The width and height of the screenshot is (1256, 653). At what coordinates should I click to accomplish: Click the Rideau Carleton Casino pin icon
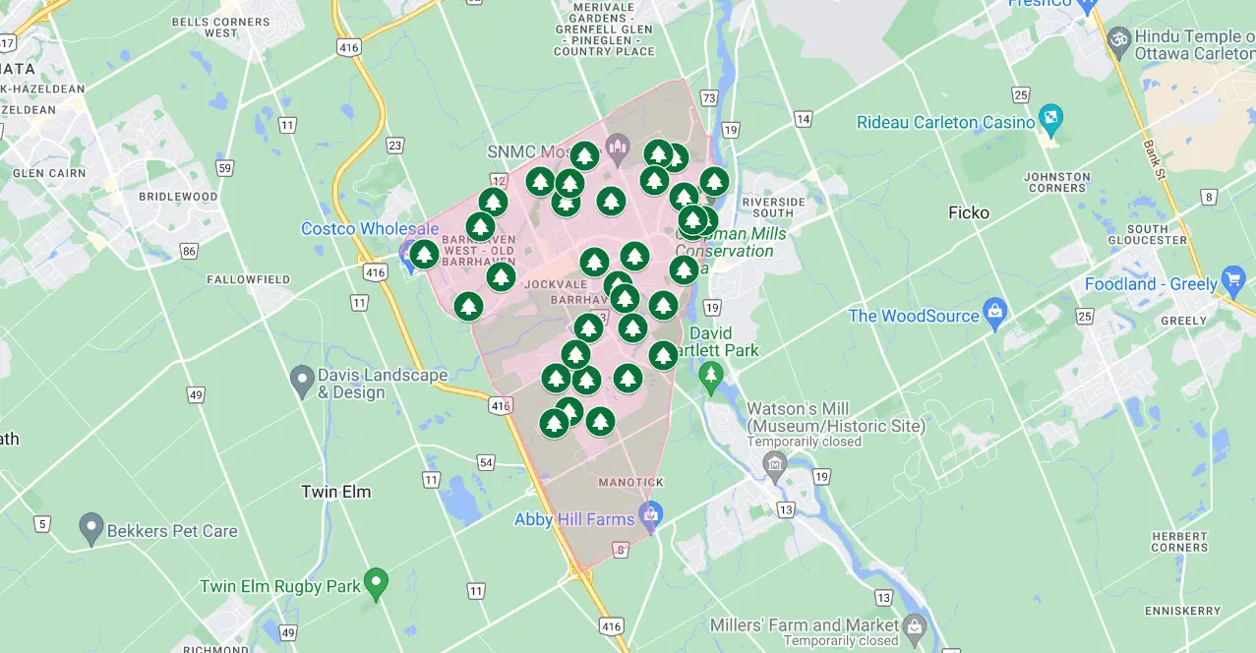pyautogui.click(x=1050, y=121)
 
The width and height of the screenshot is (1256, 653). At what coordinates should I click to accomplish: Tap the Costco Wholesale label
pyautogui.click(x=370, y=229)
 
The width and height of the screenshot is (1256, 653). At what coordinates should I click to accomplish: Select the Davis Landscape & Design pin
pyautogui.click(x=302, y=381)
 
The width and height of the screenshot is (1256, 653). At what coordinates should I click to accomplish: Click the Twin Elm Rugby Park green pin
pyautogui.click(x=376, y=583)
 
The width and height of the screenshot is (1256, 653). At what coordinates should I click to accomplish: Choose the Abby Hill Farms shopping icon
pyautogui.click(x=649, y=512)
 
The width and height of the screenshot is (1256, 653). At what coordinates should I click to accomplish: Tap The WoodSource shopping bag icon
pyautogui.click(x=995, y=314)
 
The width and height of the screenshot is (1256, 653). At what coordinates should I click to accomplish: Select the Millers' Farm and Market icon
pyautogui.click(x=916, y=625)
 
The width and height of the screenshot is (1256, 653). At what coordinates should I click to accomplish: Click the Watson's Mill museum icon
pyautogui.click(x=775, y=462)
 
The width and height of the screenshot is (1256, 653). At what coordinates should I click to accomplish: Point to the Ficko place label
pyautogui.click(x=969, y=212)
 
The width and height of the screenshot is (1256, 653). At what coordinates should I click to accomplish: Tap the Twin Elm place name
pyautogui.click(x=335, y=492)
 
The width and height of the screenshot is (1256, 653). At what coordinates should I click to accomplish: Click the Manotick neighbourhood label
pyautogui.click(x=631, y=482)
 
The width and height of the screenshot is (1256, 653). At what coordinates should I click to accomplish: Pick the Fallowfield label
pyautogui.click(x=249, y=279)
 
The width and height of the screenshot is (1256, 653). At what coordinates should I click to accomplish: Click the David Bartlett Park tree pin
pyautogui.click(x=711, y=375)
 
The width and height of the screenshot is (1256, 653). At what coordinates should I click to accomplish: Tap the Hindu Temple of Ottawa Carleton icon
pyautogui.click(x=1118, y=39)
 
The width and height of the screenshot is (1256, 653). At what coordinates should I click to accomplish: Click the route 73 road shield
pyautogui.click(x=709, y=97)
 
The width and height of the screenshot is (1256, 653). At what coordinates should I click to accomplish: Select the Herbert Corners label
pyautogui.click(x=1179, y=541)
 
